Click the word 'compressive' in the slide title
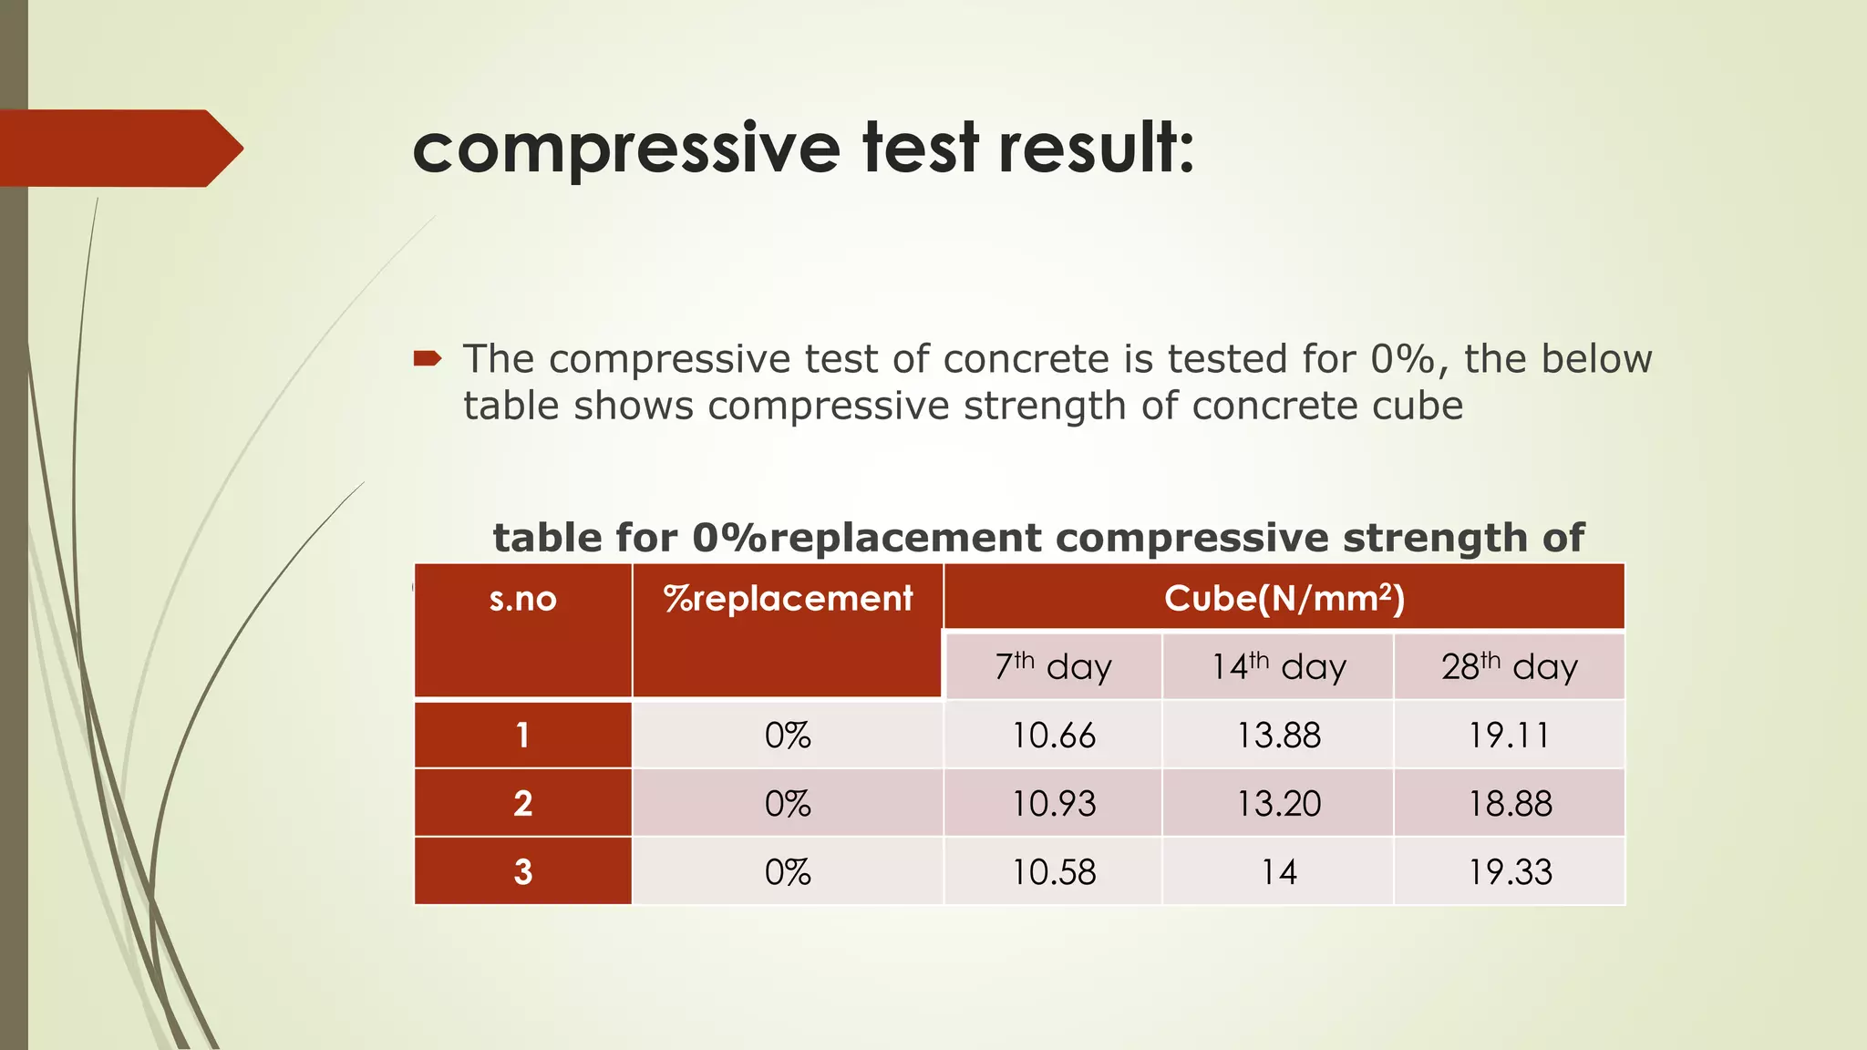[x=625, y=149]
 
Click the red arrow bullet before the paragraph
[x=428, y=359]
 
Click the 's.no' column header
[x=522, y=599]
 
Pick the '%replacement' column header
[x=788, y=599]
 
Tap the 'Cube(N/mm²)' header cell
[x=1284, y=598]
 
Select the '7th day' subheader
[x=1053, y=666]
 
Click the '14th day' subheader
[x=1278, y=666]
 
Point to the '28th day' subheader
[x=1509, y=666]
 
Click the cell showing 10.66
[x=1053, y=735]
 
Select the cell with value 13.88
[x=1278, y=735]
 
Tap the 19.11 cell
[x=1509, y=735]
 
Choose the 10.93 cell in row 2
[x=1053, y=803]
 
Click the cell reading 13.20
[x=1278, y=803]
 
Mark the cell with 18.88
[x=1509, y=803]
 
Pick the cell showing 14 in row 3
[x=1278, y=871]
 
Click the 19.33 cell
[x=1509, y=871]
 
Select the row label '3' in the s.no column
[x=522, y=871]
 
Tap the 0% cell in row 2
[x=788, y=803]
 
